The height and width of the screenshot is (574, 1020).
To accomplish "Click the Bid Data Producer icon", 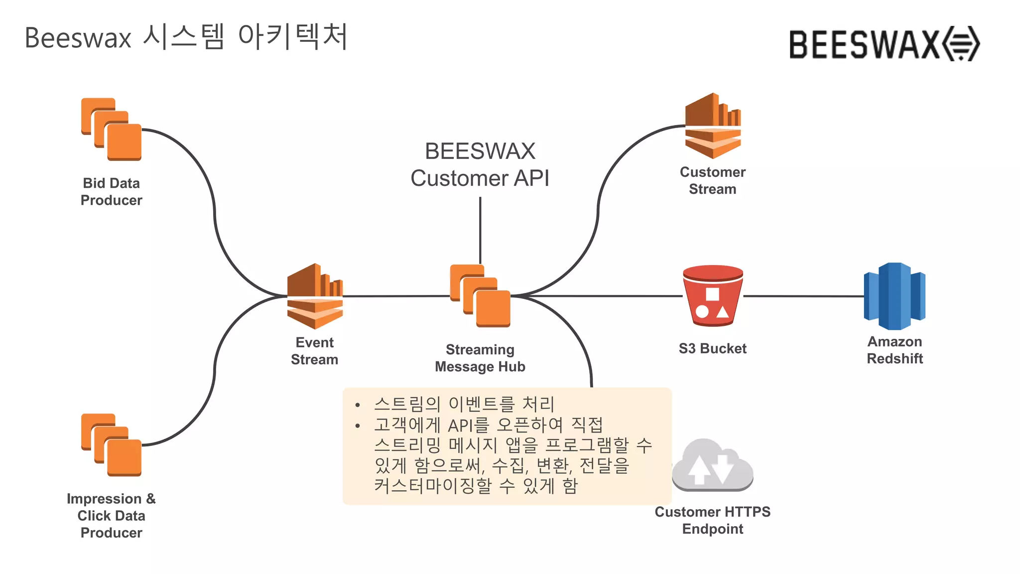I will (x=112, y=130).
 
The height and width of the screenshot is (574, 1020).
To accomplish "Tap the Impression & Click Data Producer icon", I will (x=112, y=445).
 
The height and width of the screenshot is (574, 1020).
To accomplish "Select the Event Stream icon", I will (x=315, y=296).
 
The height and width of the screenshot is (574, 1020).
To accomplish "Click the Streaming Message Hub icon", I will (x=480, y=296).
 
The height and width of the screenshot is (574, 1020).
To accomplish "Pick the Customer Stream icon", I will (x=713, y=126).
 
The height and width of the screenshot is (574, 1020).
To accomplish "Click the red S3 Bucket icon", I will (x=713, y=296).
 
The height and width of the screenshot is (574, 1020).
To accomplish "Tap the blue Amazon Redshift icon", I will (x=894, y=296).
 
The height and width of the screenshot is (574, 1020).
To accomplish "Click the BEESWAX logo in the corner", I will (x=884, y=44).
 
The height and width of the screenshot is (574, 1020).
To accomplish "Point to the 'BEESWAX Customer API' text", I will (x=480, y=164).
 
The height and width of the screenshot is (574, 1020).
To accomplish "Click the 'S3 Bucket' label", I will (x=712, y=348).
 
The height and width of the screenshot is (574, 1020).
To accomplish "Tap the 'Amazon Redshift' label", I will (x=894, y=350).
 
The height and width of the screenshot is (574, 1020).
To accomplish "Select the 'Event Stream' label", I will (x=314, y=351).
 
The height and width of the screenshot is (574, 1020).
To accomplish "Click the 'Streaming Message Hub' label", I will (x=480, y=358).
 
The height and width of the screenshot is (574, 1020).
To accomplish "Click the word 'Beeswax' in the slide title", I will (x=78, y=38).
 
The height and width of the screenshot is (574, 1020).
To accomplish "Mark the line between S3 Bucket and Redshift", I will (x=803, y=296).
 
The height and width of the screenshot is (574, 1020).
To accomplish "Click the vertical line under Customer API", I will (x=480, y=229).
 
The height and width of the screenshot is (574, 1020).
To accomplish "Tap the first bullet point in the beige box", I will (x=464, y=404).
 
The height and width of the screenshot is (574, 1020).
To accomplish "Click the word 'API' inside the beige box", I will (x=460, y=426).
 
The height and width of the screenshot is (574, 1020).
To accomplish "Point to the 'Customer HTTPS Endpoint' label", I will (x=712, y=520).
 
